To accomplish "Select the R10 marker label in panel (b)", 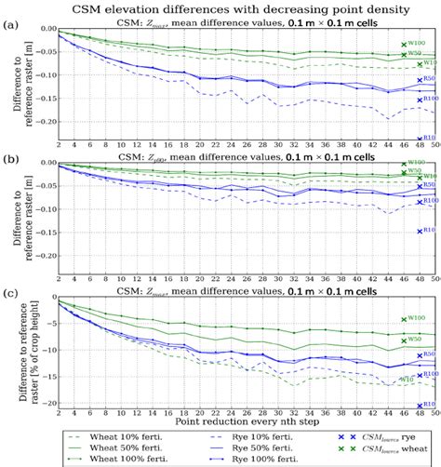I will [429, 230].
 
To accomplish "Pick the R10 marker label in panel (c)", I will [429, 404].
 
